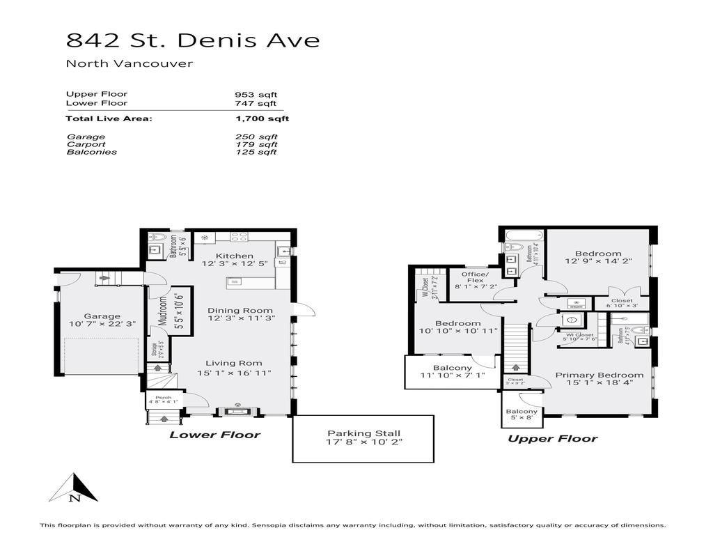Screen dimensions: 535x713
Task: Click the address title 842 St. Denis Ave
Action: pyautogui.click(x=193, y=40)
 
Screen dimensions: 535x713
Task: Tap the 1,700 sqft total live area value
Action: pyautogui.click(x=262, y=119)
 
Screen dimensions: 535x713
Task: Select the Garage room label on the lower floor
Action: pyautogui.click(x=102, y=316)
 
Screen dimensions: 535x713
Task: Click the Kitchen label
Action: pyautogui.click(x=235, y=256)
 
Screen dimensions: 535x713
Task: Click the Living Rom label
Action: pyautogui.click(x=233, y=363)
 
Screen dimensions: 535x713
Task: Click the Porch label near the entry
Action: pyautogui.click(x=163, y=398)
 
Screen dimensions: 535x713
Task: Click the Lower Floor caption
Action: pyautogui.click(x=215, y=435)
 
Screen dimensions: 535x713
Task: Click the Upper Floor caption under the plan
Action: pyautogui.click(x=552, y=439)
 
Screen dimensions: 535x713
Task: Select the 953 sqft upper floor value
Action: pyautogui.click(x=256, y=94)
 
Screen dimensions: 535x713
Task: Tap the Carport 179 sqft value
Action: pyautogui.click(x=256, y=145)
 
